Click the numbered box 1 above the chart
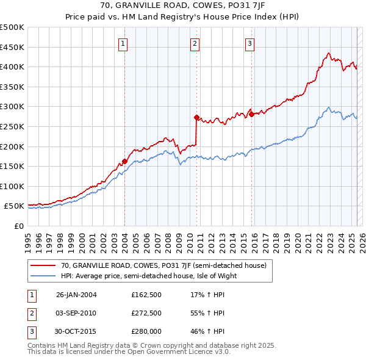[123, 43]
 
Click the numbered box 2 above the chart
[195, 43]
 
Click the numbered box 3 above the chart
[250, 43]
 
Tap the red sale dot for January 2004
[124, 161]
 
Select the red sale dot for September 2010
[196, 117]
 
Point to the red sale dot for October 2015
[251, 114]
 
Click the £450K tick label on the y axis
[12, 47]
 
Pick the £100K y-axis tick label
[12, 186]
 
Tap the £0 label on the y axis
[19, 226]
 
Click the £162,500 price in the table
[146, 294]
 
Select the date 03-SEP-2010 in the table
[76, 313]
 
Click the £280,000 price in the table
[146, 331]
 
